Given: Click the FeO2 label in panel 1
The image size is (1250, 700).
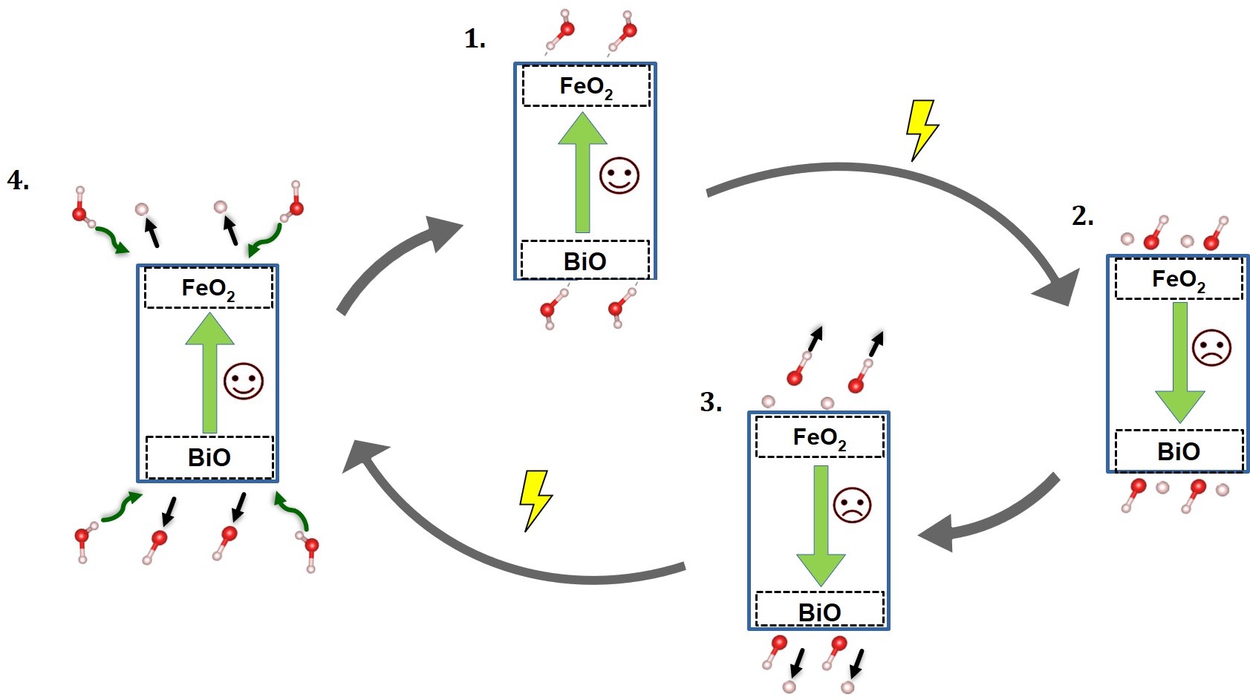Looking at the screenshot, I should (x=586, y=87).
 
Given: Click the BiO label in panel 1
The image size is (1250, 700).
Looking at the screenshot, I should (x=585, y=261).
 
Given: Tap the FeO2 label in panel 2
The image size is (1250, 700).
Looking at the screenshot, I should (x=1178, y=280).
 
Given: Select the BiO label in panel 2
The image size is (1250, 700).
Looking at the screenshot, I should (x=1179, y=451).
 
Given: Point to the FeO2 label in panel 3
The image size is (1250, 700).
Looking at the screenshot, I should (x=819, y=437).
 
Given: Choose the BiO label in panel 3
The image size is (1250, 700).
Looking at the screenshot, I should (x=819, y=612).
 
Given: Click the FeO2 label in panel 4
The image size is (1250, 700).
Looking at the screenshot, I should (x=208, y=288).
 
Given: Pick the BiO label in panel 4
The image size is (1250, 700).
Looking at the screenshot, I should (x=209, y=457).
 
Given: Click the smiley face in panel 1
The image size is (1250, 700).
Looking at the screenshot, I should (x=619, y=176).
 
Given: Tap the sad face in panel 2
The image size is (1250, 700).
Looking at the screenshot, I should (x=1211, y=347).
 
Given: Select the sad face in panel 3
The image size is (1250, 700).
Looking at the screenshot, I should (x=852, y=505).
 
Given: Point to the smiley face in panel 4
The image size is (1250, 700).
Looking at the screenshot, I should (x=244, y=382).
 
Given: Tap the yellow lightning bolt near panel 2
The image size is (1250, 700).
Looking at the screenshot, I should (x=922, y=130).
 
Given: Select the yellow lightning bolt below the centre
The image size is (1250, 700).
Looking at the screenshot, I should (x=536, y=500).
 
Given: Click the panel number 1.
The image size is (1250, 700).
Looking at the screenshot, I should (x=475, y=39).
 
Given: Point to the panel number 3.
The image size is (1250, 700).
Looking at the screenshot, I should (x=711, y=402).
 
